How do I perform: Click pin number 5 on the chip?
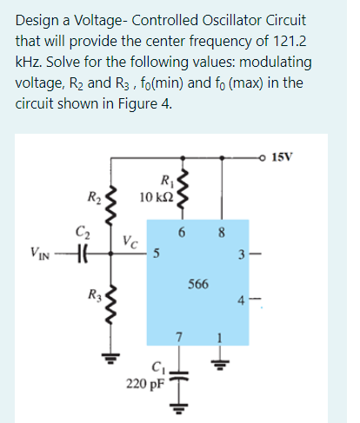pos(156,255)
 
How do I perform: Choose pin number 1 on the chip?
pos(220,335)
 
